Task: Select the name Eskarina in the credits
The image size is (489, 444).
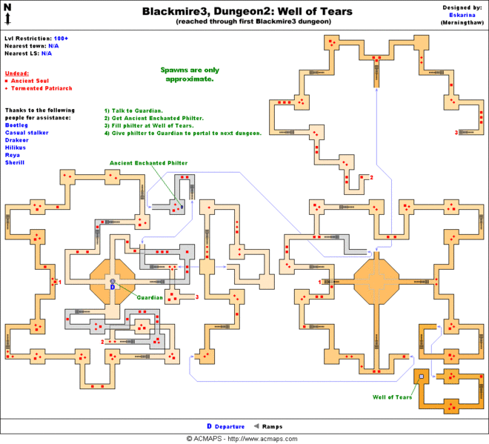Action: (462, 15)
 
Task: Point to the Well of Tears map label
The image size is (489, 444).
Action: (392, 397)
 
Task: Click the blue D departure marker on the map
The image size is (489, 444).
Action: (113, 286)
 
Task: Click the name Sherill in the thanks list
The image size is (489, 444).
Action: (15, 162)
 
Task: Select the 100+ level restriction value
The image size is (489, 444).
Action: (63, 38)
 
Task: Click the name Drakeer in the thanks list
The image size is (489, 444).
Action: (16, 140)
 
